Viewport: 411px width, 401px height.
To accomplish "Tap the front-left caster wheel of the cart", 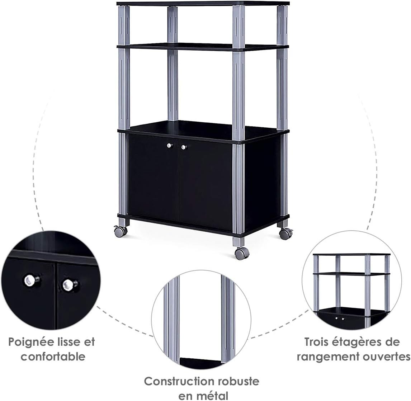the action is [x=119, y=232].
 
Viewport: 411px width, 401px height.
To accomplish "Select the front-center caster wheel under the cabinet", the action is [x=240, y=253].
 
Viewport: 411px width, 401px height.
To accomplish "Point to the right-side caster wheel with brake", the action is [x=285, y=233].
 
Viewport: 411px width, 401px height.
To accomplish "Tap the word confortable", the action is [x=53, y=357].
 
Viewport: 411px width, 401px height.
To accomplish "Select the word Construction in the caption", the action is [x=178, y=381].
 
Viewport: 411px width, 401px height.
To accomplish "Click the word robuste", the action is [x=237, y=381].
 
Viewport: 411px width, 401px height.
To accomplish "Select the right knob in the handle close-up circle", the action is [x=69, y=285].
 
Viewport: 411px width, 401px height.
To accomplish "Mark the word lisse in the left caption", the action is [x=70, y=342].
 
